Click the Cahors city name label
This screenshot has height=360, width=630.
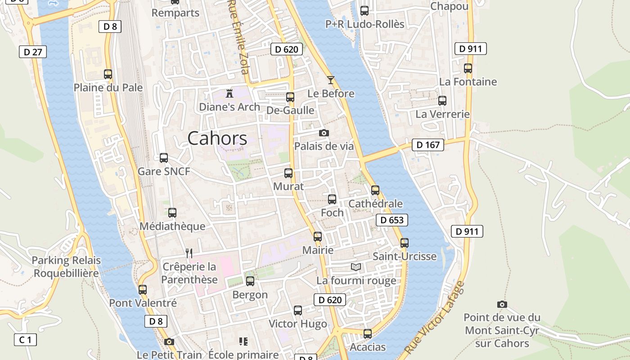click(217, 138)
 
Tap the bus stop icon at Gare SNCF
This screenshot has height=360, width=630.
click(164, 158)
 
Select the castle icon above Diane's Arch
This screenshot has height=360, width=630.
click(229, 94)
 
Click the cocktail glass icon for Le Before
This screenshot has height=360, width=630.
click(331, 80)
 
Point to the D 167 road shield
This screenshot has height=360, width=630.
click(427, 144)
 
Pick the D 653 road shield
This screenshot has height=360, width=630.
click(391, 220)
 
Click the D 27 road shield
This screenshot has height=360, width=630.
click(33, 52)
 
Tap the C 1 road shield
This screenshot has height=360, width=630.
click(25, 340)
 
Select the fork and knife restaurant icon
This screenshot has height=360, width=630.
click(189, 253)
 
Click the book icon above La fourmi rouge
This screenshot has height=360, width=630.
click(356, 267)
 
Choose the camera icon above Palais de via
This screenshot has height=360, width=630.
click(324, 133)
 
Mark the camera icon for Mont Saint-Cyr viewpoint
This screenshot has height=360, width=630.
click(502, 305)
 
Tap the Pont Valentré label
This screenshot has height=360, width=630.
click(143, 303)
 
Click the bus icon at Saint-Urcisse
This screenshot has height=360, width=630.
click(405, 243)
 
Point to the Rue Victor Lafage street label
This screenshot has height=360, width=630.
click(434, 318)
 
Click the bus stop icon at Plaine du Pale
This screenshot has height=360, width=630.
click(108, 74)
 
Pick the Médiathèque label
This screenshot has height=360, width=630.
click(172, 226)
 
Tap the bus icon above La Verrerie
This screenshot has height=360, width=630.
click(442, 101)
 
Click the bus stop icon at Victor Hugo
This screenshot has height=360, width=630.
click(298, 310)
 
